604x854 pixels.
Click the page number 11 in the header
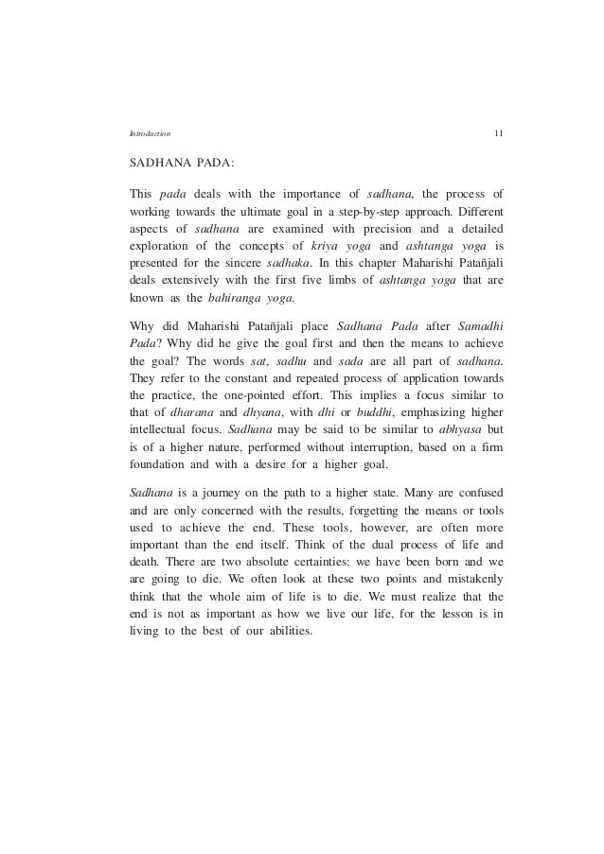pyautogui.click(x=498, y=132)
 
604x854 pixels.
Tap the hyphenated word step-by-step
pyautogui.click(x=385, y=212)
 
